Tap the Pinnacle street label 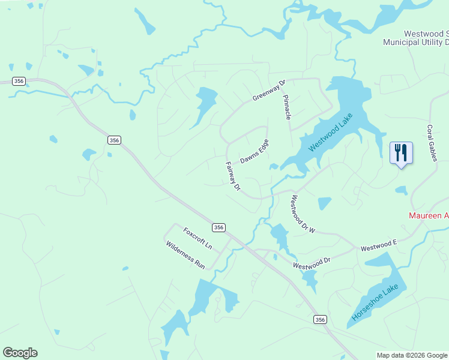[287, 106]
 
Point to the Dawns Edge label [255, 152]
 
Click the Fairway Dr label [233, 176]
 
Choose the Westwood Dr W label [302, 214]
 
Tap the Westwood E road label [379, 245]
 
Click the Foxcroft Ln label [197, 238]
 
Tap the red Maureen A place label [429, 215]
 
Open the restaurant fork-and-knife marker [401, 154]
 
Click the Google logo [20, 353]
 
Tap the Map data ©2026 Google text [412, 355]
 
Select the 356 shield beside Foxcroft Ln [218, 227]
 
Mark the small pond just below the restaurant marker [401, 191]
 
